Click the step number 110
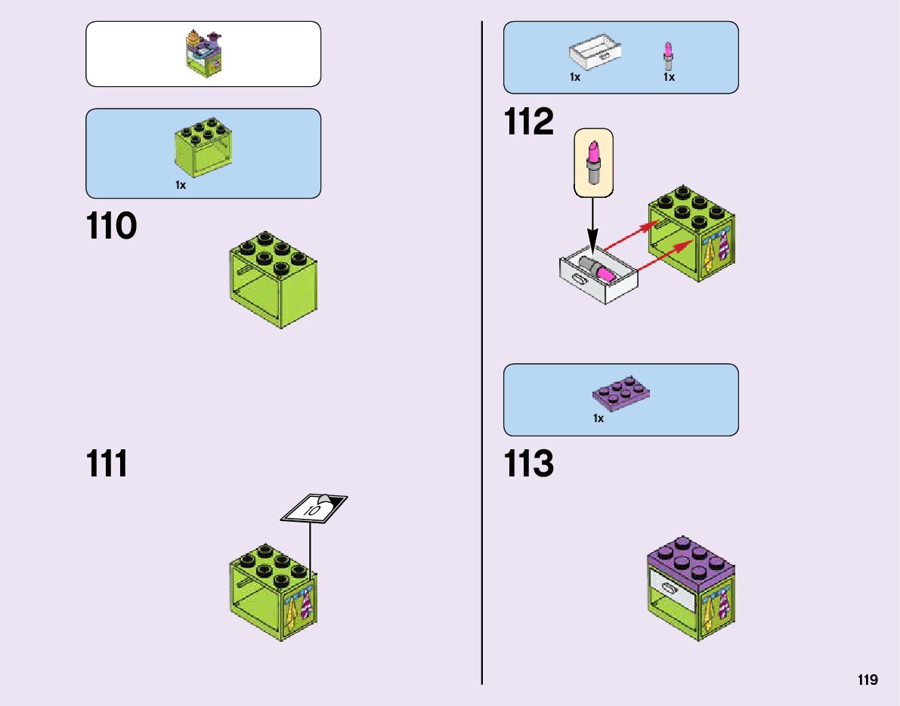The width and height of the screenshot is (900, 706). point(112,226)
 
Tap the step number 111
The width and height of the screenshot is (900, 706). point(107,464)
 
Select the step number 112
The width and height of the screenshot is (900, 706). point(529,122)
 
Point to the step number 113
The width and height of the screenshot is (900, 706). point(529,464)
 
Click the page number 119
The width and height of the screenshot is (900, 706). point(868,680)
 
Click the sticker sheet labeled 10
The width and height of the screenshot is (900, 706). point(314,507)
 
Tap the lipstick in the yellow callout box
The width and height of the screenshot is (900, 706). point(593,162)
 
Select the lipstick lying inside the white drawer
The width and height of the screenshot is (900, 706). point(598,268)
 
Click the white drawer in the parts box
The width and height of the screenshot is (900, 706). point(595,55)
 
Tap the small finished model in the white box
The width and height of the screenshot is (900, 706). point(203,52)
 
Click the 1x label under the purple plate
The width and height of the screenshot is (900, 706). point(598,418)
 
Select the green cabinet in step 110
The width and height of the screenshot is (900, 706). point(273,279)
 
